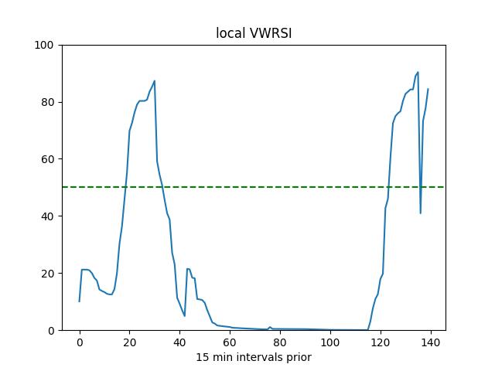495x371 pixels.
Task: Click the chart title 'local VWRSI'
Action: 253,34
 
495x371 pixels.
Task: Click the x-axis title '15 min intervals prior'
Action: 253,358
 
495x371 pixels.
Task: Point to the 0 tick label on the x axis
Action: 80,342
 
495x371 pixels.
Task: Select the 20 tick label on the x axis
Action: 130,342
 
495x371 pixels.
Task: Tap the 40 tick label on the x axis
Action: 179,342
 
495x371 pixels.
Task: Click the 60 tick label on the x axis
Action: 230,342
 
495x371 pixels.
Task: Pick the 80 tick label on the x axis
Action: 280,342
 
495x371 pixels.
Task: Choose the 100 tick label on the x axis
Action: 330,342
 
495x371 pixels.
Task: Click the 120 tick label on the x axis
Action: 381,342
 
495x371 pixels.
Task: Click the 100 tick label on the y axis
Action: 43,46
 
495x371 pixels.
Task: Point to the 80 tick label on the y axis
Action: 46,103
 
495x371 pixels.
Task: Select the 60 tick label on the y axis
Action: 46,159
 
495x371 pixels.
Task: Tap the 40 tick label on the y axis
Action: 46,216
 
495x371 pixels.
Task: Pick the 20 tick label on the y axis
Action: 46,274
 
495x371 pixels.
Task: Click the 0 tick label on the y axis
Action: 49,331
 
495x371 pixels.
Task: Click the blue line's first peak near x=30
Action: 155,81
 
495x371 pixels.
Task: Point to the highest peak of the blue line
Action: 418,73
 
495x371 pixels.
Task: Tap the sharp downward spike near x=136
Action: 420,213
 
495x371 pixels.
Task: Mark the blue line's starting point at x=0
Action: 80,301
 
